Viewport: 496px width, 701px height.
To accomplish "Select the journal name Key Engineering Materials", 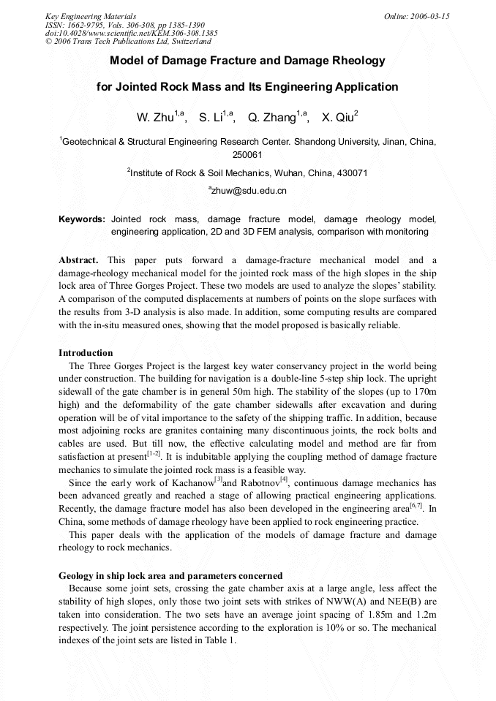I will pos(91,16).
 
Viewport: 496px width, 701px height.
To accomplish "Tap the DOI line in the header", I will pos(132,34).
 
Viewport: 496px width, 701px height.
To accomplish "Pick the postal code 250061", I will pos(247,155).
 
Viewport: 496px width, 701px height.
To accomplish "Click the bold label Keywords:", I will pos(82,219).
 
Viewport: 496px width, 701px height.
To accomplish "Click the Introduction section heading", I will pos(86,353).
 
